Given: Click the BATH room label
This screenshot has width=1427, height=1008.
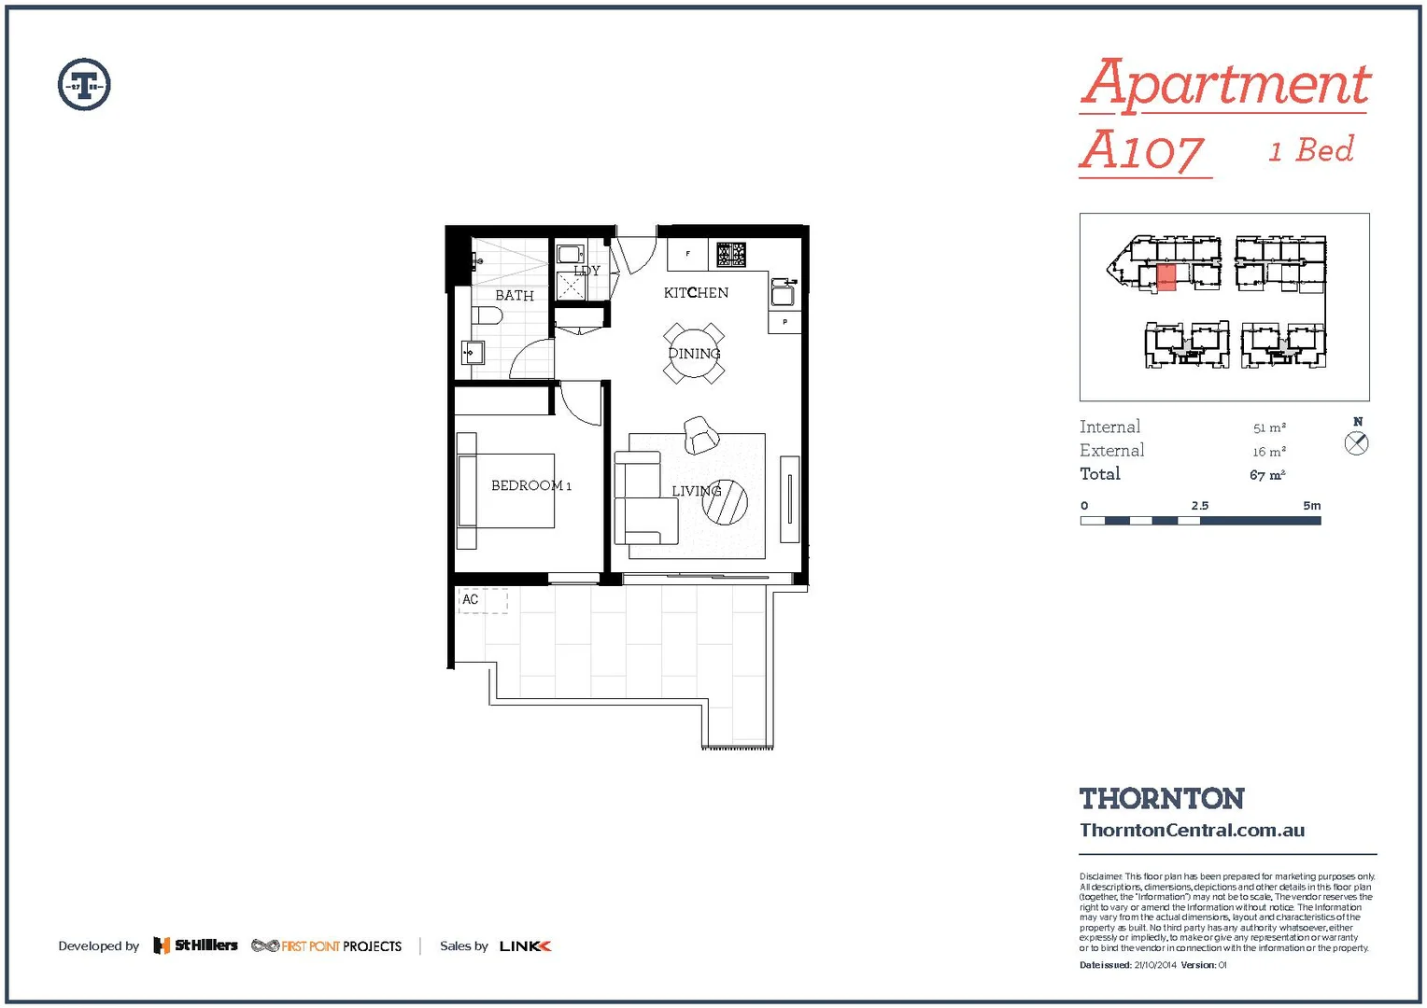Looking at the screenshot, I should [x=515, y=295].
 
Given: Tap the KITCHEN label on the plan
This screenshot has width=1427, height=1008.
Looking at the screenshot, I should [x=696, y=292].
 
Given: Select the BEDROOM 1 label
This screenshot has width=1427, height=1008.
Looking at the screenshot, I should [x=530, y=485].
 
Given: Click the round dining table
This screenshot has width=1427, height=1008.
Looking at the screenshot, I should [x=694, y=354].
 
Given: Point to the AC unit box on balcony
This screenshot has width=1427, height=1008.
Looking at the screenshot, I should [x=482, y=600].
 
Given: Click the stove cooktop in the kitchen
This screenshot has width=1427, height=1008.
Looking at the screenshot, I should [x=731, y=254].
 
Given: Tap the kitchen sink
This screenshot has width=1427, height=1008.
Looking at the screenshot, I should [x=782, y=293].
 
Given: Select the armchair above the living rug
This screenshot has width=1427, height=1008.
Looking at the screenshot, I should [x=700, y=435].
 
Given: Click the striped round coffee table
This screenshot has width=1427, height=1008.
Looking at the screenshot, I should [x=726, y=502].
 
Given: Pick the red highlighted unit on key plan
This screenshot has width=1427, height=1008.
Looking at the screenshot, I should [x=1166, y=277].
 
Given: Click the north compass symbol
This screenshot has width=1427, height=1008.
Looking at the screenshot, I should [x=1357, y=443].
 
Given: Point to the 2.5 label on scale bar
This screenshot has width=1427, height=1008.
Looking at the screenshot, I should [x=1199, y=506].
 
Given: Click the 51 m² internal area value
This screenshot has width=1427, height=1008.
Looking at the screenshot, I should [x=1269, y=427].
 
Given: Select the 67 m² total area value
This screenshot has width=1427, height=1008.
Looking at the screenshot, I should [x=1267, y=475].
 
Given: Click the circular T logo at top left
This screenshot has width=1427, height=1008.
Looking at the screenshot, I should [x=84, y=85].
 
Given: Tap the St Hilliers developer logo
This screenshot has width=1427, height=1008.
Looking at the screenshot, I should [x=196, y=945].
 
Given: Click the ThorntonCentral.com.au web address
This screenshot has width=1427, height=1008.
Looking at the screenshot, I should [x=1192, y=830].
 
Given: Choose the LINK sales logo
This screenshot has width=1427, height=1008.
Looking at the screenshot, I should [x=525, y=946].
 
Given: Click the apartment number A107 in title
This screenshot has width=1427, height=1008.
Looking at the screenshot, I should [x=1143, y=151].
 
